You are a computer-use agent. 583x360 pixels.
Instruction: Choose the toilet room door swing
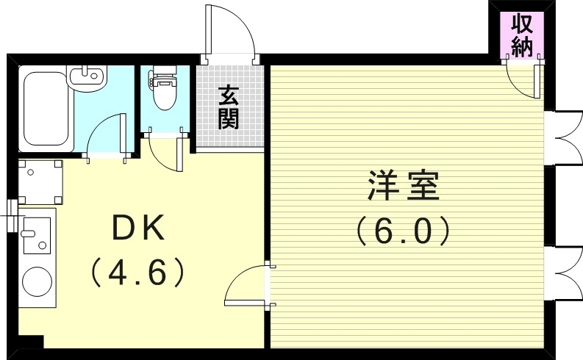coord(165,151)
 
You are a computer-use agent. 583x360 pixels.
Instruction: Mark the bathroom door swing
coord(104,137)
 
